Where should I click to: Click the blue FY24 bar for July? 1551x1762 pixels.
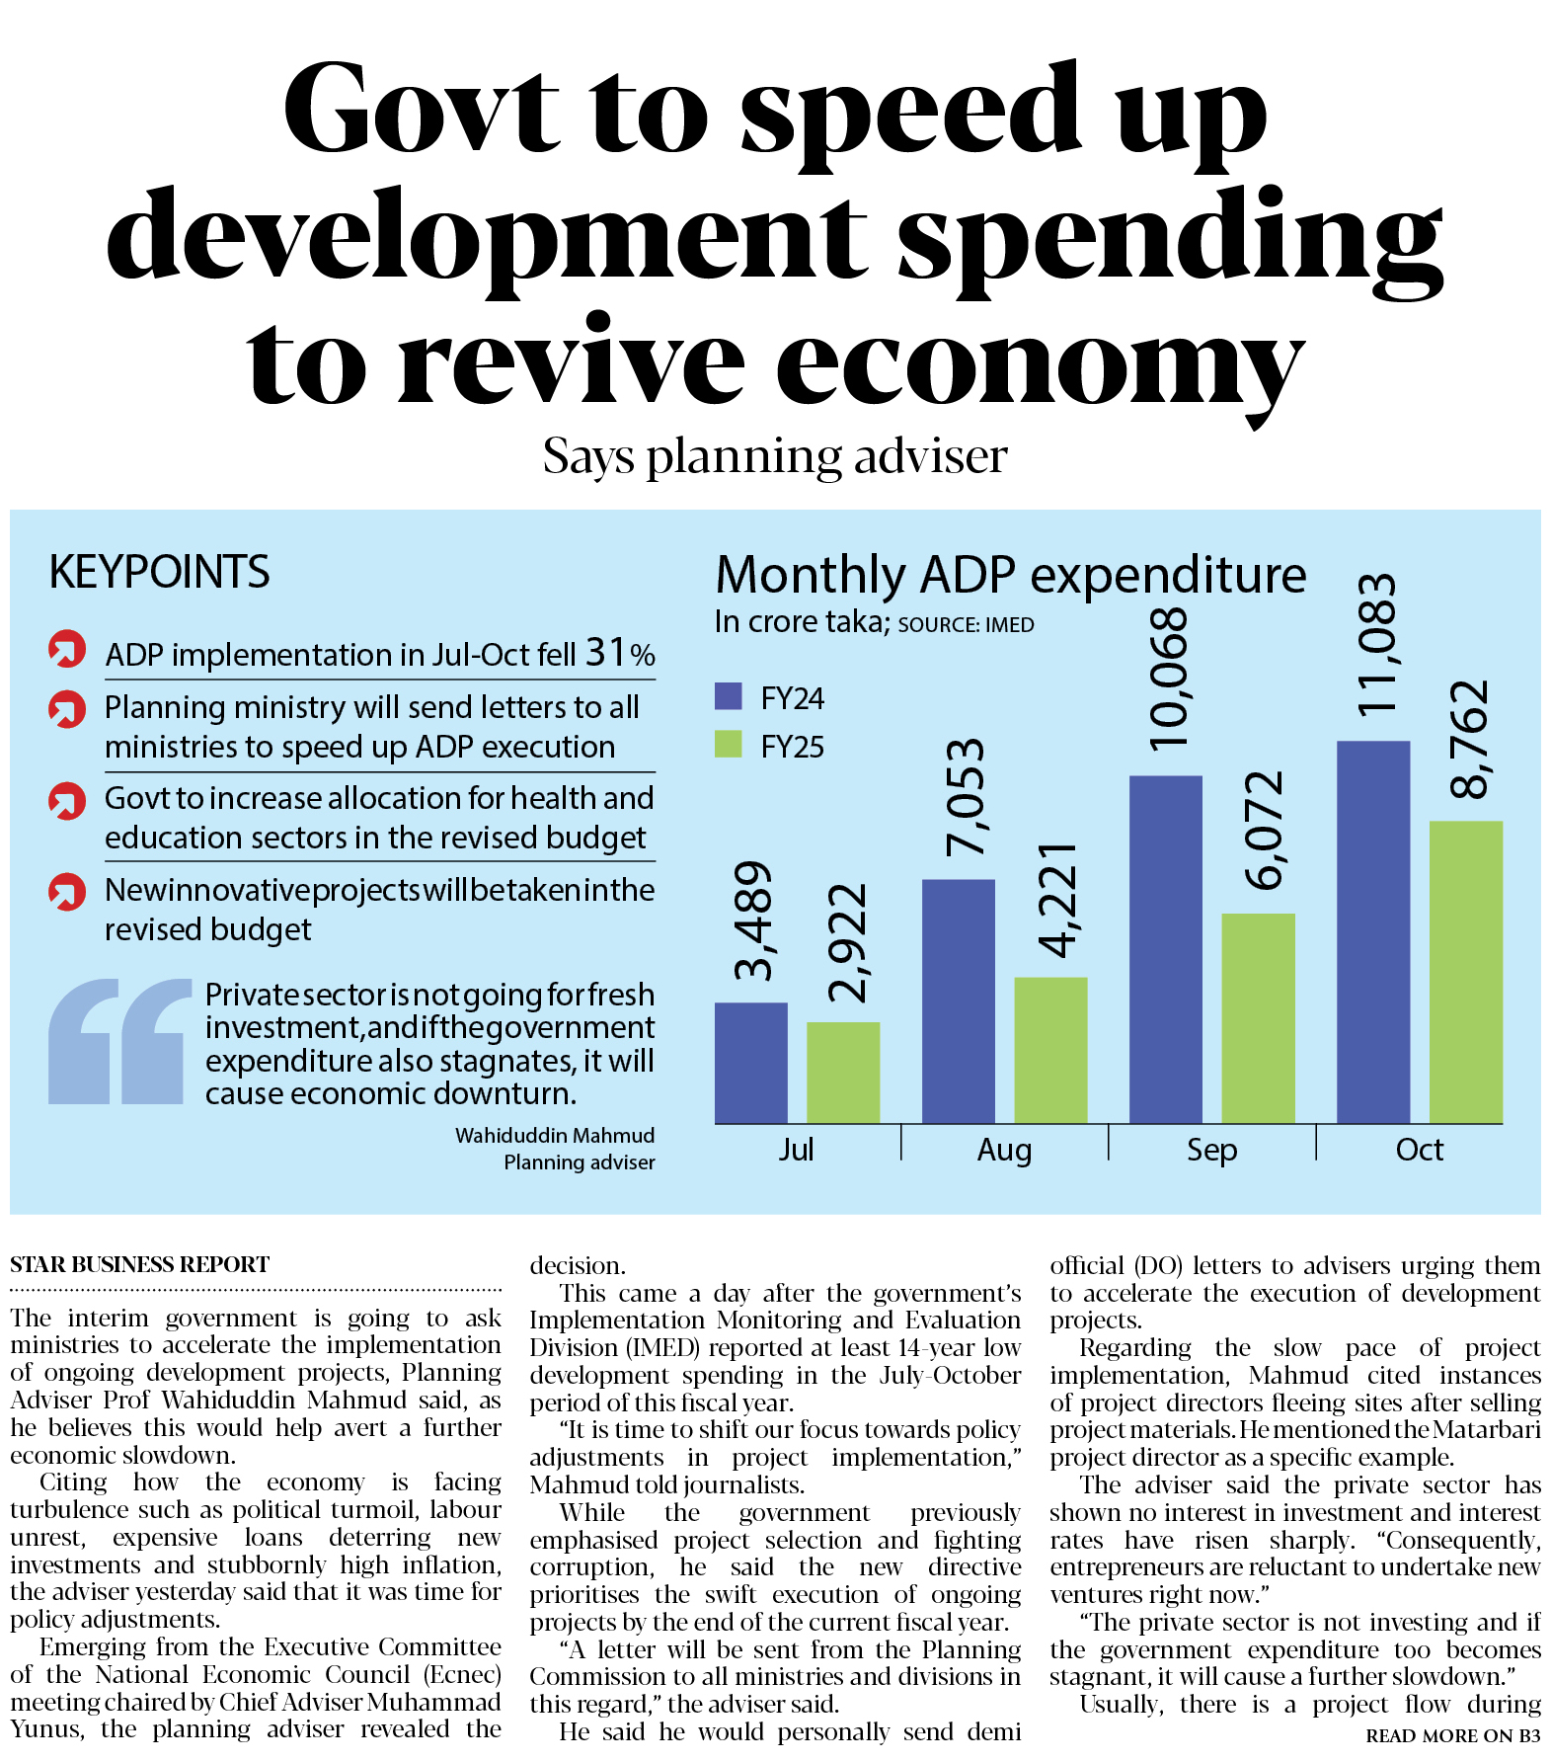pyautogui.click(x=750, y=1063)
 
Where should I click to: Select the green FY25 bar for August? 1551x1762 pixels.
pyautogui.click(x=1050, y=1050)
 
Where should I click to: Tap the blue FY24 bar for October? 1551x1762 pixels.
pyautogui.click(x=1372, y=932)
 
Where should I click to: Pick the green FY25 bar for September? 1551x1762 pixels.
pyautogui.click(x=1258, y=1018)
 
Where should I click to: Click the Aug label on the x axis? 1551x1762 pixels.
pyautogui.click(x=1004, y=1150)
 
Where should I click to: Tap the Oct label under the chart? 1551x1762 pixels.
pyautogui.click(x=1419, y=1150)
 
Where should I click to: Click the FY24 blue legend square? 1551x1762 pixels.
pyautogui.click(x=728, y=696)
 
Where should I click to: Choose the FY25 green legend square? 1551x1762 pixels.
pyautogui.click(x=728, y=744)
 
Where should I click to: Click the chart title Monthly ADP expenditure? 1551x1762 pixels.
pyautogui.click(x=1010, y=574)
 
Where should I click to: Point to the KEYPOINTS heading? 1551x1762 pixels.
pyautogui.click(x=159, y=572)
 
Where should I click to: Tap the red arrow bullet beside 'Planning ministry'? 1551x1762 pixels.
pyautogui.click(x=67, y=709)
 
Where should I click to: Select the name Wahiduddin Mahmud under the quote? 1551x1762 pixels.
pyautogui.click(x=554, y=1135)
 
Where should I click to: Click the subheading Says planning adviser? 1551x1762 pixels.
pyautogui.click(x=775, y=456)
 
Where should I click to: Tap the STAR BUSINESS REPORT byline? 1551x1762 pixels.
pyautogui.click(x=139, y=1264)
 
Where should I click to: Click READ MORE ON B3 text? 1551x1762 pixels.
pyautogui.click(x=1452, y=1735)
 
